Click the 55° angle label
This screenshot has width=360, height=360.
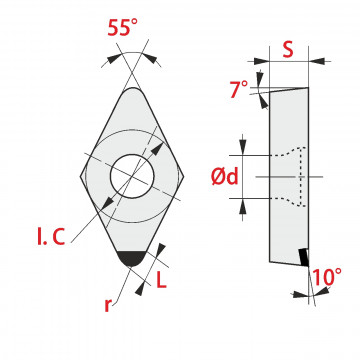122,27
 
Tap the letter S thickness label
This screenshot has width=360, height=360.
288,50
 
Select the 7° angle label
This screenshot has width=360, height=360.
239,90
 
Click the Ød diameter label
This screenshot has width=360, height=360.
225,176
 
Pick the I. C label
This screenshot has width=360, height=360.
51,237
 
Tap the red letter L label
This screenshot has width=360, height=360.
161,281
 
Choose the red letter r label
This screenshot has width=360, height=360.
107,306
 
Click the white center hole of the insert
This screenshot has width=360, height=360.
132,176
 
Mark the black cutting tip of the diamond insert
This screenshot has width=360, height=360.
132,258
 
